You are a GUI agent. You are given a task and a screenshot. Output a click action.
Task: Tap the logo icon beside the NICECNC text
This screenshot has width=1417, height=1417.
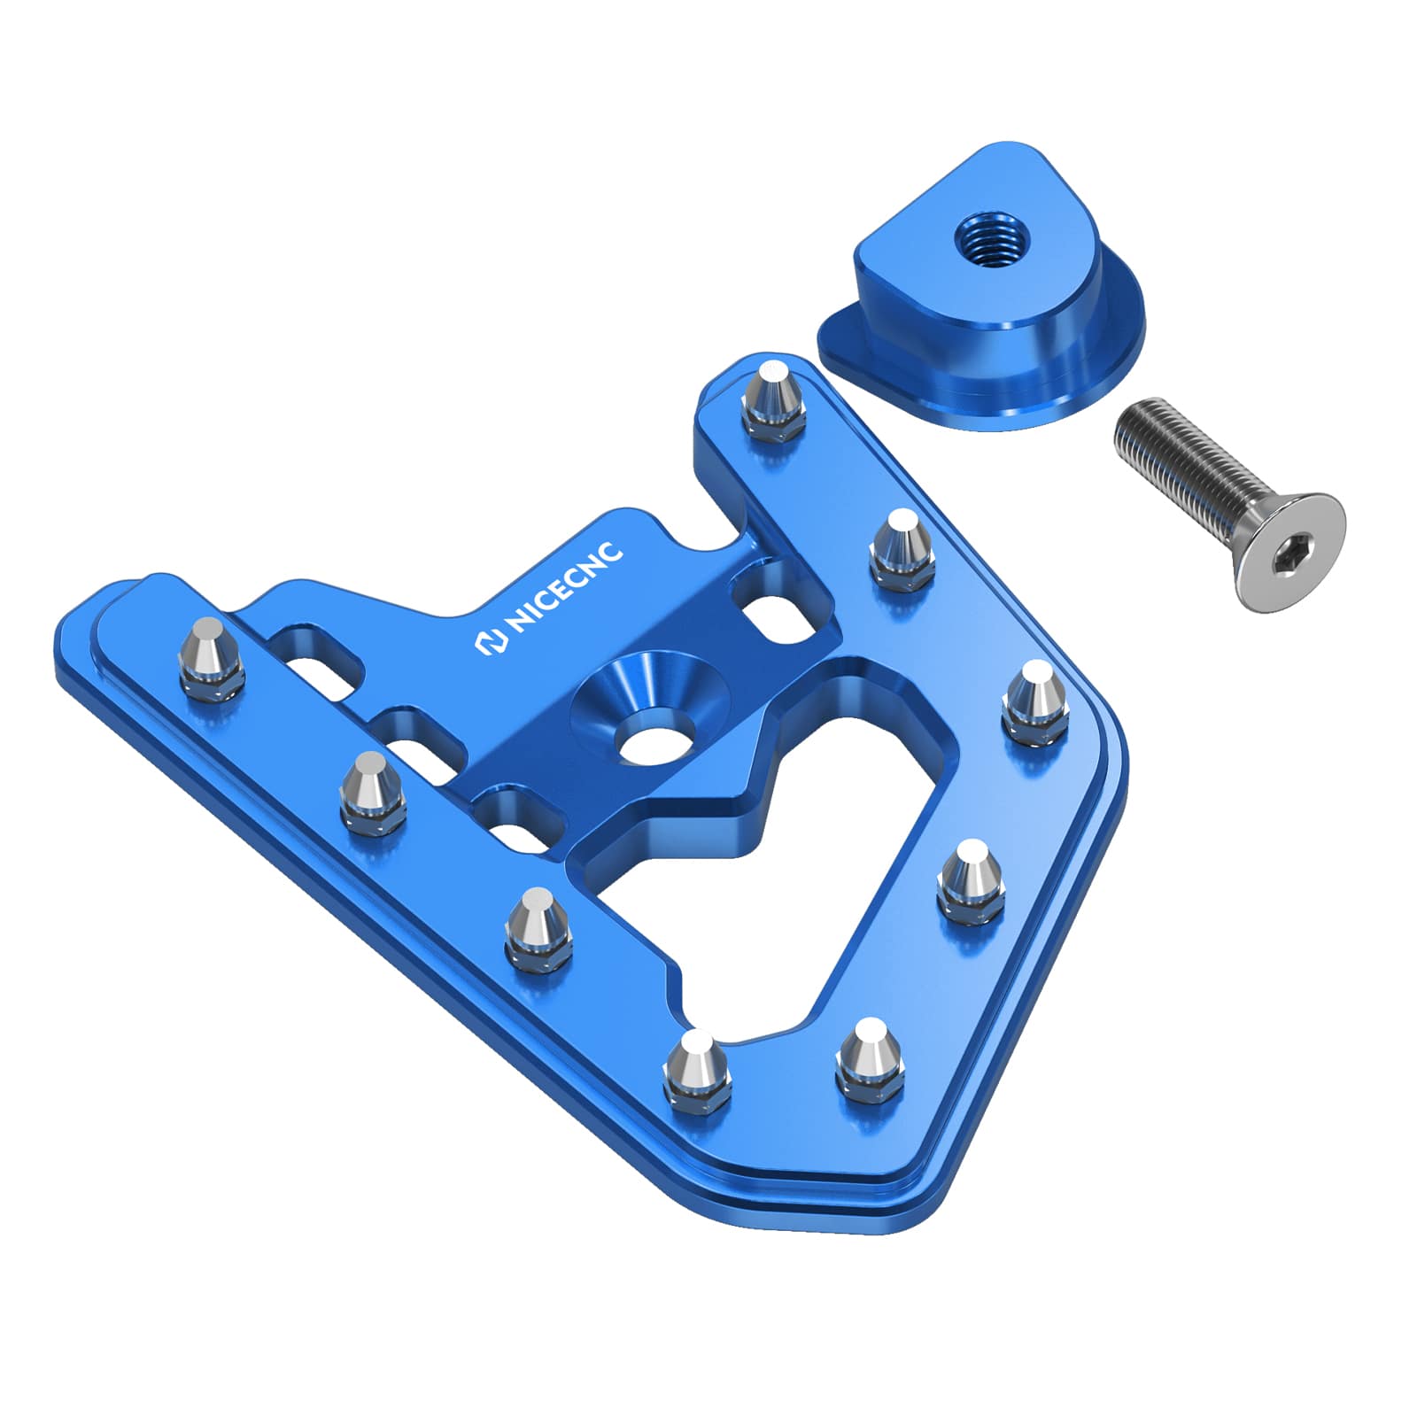490,644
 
